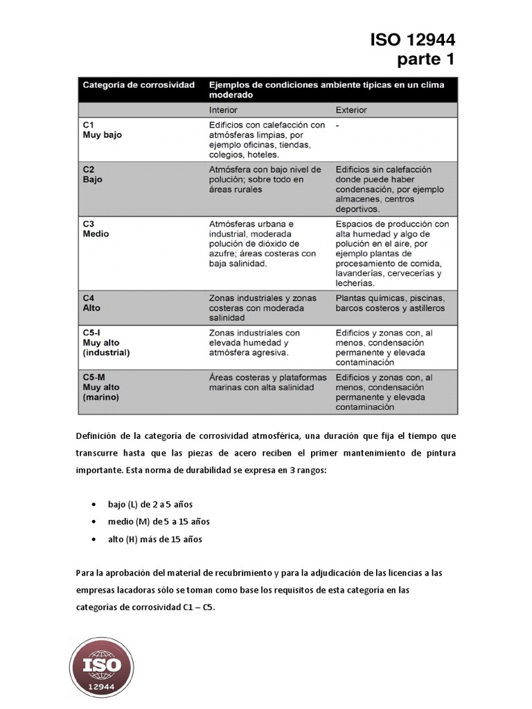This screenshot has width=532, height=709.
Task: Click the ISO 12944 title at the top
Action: [412, 39]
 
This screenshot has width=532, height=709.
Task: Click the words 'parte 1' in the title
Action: [425, 60]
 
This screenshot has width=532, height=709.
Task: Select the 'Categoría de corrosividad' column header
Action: [139, 84]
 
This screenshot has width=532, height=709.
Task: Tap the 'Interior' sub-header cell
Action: [223, 110]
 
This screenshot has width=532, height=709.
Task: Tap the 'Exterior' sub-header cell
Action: [351, 110]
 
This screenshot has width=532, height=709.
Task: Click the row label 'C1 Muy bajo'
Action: [102, 130]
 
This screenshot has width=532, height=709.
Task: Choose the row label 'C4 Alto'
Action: [91, 303]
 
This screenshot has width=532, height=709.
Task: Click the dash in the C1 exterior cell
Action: [337, 126]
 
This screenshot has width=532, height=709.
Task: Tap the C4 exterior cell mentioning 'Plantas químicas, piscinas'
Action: [390, 303]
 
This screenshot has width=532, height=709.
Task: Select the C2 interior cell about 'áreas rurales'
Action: [265, 179]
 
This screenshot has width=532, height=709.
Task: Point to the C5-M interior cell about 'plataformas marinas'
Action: [266, 382]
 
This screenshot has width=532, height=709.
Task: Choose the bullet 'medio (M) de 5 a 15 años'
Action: [158, 521]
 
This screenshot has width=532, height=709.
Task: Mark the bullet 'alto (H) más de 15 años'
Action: [154, 539]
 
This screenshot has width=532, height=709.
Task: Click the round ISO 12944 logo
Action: [102, 665]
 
